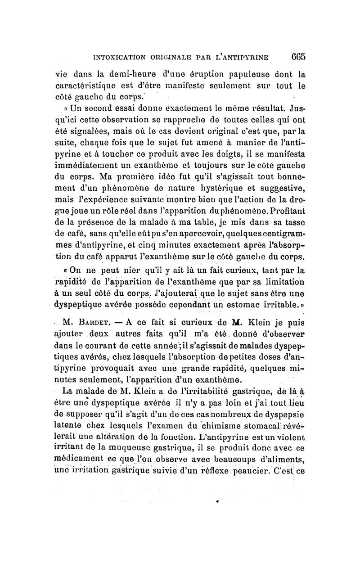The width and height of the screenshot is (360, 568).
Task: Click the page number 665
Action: tap(298, 57)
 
